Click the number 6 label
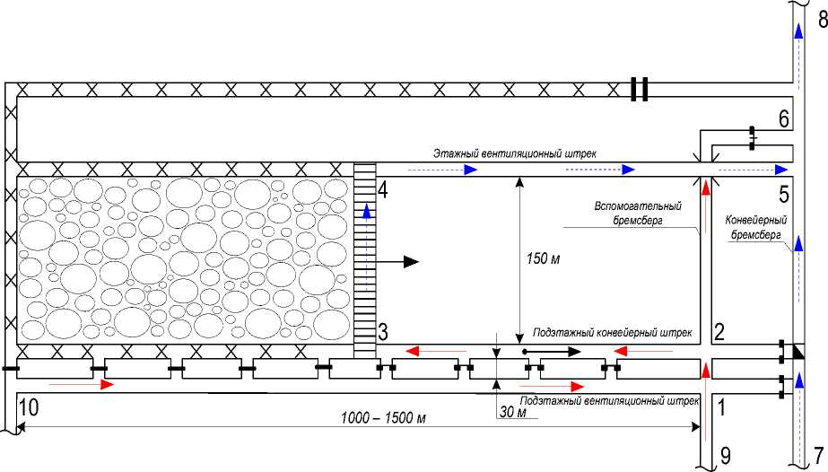coord(782,118)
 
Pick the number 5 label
coord(782,194)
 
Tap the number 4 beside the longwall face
coord(382,190)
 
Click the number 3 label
coord(382,331)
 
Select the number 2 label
coord(719,331)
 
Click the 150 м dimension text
coord(544,259)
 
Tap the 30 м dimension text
coord(512,413)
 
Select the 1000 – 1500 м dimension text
coord(383,419)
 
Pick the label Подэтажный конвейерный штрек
coord(613,333)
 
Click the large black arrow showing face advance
coord(400,262)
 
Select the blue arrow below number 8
coord(795,33)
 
